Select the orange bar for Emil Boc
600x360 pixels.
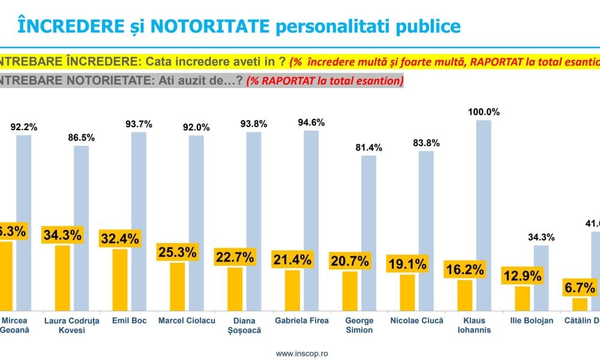coord(120,280)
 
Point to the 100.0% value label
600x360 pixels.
coord(484,112)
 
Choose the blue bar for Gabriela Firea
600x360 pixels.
coord(311,220)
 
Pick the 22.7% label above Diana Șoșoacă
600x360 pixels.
coord(235,258)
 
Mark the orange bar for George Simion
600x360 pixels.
coord(350,291)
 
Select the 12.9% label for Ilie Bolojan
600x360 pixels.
coord(523,277)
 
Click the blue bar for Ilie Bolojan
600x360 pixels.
coord(541,278)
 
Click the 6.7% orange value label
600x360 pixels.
coord(580,289)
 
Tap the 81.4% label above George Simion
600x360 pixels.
coord(368,148)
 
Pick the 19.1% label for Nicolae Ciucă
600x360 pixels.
coord(407,264)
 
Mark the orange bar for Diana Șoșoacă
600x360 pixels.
coord(235,289)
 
